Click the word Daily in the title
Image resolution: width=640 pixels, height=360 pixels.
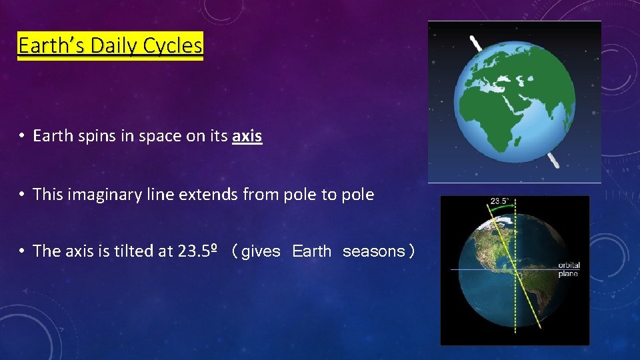click(x=113, y=45)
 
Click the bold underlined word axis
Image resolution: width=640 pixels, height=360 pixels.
click(x=247, y=137)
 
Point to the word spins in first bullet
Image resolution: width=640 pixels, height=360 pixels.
click(x=89, y=137)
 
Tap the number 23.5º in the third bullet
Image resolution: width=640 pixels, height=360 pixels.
click(x=199, y=251)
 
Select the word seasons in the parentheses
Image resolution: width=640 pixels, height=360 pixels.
click(x=373, y=251)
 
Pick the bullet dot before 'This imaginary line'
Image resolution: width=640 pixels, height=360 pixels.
click(x=22, y=195)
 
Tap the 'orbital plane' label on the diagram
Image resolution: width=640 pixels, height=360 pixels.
click(x=569, y=269)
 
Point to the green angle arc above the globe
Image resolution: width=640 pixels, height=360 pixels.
click(x=501, y=208)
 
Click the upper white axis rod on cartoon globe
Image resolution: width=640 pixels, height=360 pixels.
click(x=476, y=45)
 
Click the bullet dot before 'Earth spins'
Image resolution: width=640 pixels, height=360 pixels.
click(x=22, y=137)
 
